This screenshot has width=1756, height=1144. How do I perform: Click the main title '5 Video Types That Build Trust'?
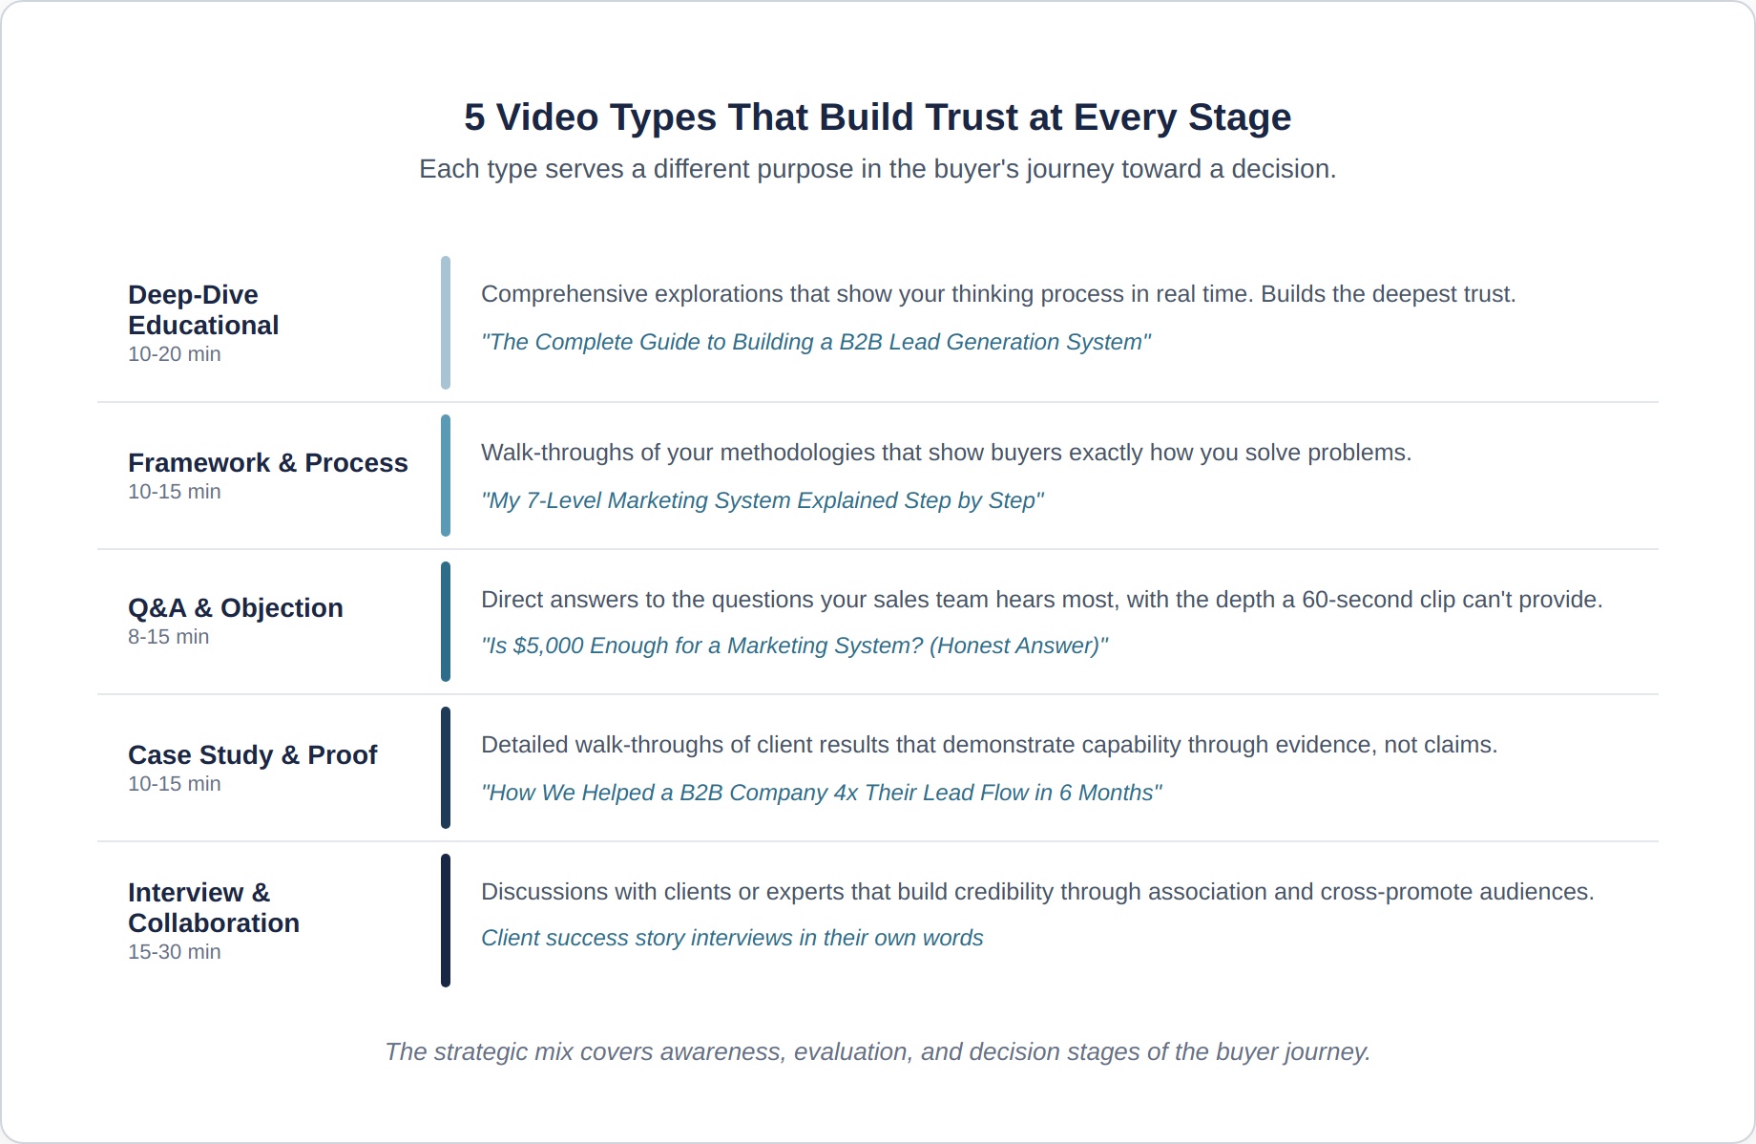877,117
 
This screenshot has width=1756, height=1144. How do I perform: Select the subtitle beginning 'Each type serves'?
877,169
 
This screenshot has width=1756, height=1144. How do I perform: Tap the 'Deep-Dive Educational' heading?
203,309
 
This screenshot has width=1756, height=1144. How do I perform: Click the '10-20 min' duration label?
175,354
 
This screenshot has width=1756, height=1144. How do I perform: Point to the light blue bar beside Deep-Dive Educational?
446,323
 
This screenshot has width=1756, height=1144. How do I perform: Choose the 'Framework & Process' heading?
268,463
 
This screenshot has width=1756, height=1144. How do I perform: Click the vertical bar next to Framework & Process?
446,476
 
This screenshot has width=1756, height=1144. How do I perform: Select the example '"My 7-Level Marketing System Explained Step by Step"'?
763,500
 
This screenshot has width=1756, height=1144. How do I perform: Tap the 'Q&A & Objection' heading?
236,608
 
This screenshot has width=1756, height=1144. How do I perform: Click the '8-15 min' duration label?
169,637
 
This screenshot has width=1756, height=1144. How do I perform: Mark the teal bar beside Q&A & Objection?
446,622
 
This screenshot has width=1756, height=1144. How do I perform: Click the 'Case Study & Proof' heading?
253,755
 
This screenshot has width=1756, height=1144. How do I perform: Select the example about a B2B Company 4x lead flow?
822,793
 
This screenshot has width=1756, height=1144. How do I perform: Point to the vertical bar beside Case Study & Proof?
446,768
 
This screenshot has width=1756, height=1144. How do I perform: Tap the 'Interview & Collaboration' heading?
214,907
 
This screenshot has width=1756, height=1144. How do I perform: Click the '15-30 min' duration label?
175,952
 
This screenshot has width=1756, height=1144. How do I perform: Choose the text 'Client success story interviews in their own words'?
732,938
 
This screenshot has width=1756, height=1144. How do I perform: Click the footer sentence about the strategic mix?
877,1051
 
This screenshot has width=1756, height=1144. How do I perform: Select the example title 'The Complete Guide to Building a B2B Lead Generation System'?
816,342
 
